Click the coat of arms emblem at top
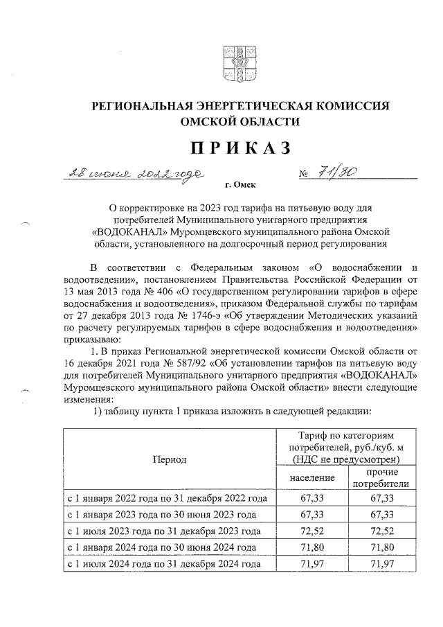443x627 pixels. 233,60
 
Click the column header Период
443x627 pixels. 170,459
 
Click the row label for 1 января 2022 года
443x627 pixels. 167,498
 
